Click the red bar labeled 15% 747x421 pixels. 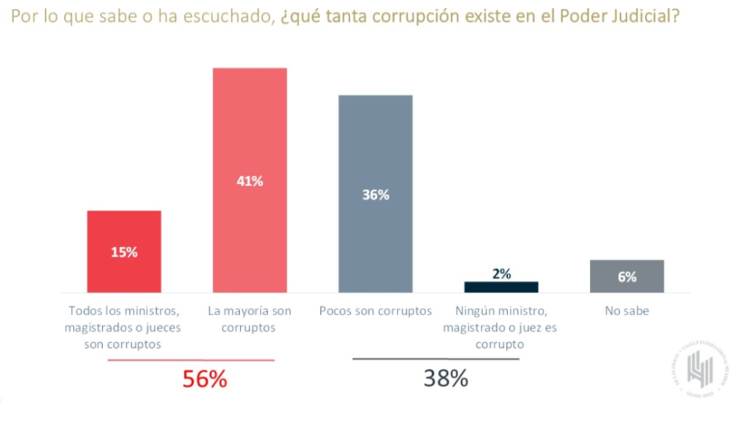[124, 252]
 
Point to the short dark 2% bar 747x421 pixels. [501, 287]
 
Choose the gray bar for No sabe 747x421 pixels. [627, 276]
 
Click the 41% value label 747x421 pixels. [249, 182]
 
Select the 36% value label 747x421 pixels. [376, 195]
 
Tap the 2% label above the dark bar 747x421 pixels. [501, 274]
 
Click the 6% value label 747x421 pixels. [627, 277]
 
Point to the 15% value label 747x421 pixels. [124, 252]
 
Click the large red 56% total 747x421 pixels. [205, 379]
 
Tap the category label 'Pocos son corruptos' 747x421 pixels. [376, 311]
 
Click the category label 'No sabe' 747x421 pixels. [627, 311]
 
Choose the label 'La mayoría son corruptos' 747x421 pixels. [249, 319]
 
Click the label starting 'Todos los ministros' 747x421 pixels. [123, 328]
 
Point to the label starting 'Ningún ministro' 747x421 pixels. [500, 328]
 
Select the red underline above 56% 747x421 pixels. [191, 360]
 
